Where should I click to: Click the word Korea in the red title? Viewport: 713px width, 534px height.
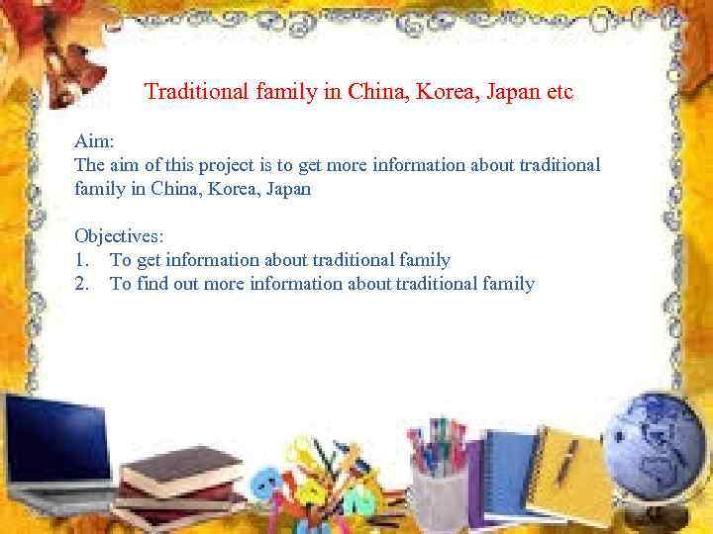coord(430,92)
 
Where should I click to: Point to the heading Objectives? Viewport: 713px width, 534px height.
coord(118,236)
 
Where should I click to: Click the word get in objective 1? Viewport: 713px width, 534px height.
coord(150,260)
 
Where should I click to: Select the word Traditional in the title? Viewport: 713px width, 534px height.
coord(193,92)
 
